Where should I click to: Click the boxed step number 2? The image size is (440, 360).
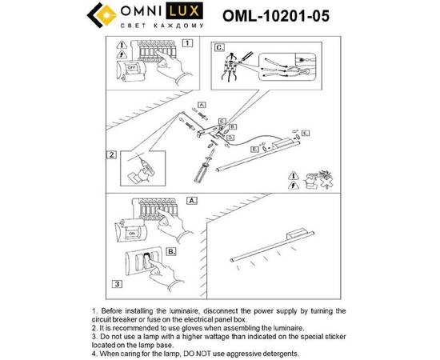(x=113, y=155)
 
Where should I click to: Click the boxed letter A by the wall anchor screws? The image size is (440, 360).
(x=201, y=105)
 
